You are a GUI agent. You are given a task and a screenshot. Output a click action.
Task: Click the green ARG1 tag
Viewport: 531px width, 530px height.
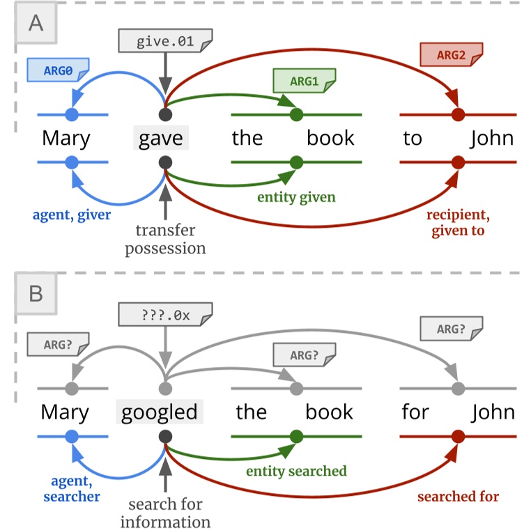pos(304,81)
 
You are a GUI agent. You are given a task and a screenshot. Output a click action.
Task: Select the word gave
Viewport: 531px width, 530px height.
pos(161,138)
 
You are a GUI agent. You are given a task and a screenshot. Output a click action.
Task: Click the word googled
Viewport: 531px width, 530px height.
pos(160,412)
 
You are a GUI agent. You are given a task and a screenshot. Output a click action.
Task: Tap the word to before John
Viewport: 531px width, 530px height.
pos(413,138)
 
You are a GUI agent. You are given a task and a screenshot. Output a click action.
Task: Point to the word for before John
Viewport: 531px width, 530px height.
pos(415,412)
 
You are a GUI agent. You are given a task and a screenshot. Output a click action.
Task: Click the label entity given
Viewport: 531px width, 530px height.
pos(296,198)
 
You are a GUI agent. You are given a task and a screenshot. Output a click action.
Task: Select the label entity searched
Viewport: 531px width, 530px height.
pos(296,471)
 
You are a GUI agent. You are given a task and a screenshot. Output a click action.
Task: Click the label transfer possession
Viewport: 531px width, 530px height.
pos(165,239)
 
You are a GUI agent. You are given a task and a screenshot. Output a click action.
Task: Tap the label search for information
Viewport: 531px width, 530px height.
pos(165,513)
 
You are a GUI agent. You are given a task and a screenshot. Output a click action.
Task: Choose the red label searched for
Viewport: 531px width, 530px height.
pos(458,497)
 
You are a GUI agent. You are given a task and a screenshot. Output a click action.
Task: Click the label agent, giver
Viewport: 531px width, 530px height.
pos(72,215)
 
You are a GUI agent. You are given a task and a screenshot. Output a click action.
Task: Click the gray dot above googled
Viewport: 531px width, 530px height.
pos(165,388)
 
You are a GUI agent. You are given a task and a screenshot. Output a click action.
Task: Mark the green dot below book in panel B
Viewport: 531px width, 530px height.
pos(297,436)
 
